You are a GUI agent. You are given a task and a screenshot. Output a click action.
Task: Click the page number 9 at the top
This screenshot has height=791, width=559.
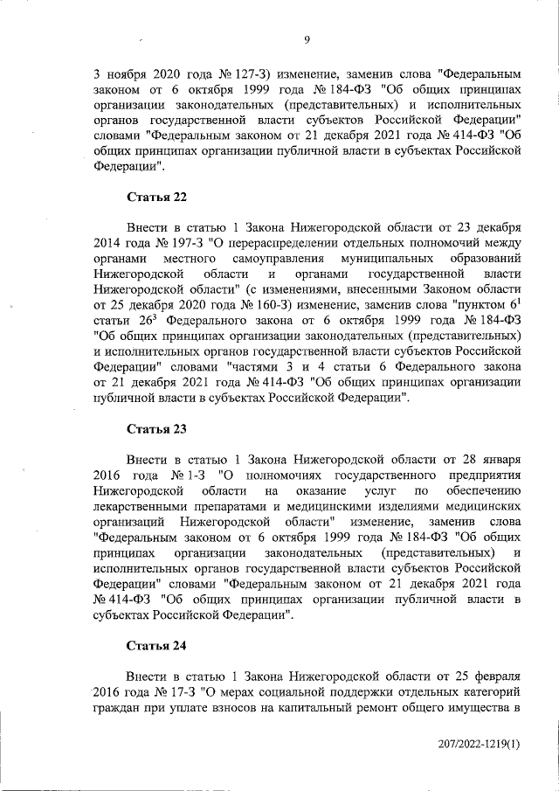(308, 38)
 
